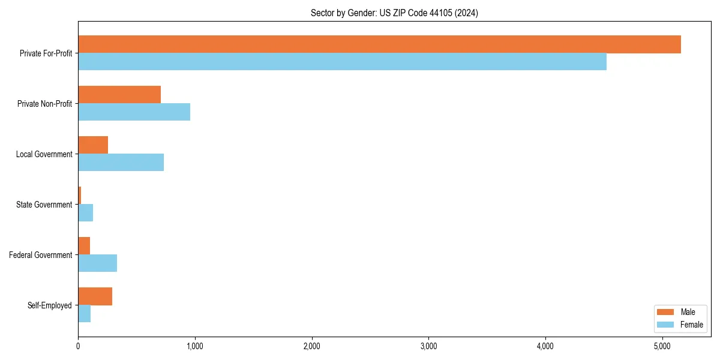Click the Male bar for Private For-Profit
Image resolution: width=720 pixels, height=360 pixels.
coord(379,44)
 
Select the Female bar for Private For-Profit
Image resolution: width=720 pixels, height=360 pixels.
coord(342,62)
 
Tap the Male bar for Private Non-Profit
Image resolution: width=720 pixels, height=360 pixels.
coord(119,95)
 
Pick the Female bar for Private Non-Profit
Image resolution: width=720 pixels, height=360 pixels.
coord(134,112)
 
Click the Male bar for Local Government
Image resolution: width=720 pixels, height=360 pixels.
coord(93,145)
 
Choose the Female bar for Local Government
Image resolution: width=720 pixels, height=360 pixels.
coord(121,163)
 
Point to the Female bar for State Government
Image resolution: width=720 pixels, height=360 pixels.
coord(85,213)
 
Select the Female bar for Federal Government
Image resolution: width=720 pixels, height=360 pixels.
coord(97,263)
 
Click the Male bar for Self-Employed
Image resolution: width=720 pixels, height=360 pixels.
coord(95,296)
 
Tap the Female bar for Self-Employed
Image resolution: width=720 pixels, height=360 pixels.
coord(84,314)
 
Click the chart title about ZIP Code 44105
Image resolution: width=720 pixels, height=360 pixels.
coord(394,13)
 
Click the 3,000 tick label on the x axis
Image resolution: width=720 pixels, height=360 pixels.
coord(428,346)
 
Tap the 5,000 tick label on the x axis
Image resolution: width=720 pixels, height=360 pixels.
coord(662,346)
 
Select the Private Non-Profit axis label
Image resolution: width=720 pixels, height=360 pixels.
coord(44,104)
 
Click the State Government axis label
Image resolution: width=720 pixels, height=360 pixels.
coord(44,205)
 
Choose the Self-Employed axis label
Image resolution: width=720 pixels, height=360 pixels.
coord(49,305)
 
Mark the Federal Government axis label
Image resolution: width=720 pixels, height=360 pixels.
coord(40,255)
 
